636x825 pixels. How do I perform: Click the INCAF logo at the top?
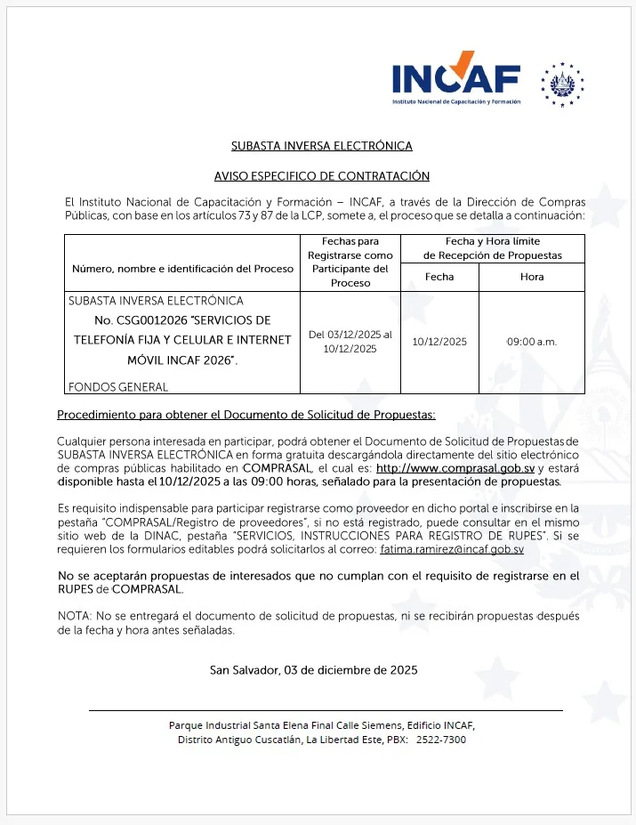[455, 81]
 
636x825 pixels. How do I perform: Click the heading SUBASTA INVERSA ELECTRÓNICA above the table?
[321, 146]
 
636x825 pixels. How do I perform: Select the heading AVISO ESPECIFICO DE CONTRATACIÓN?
[321, 176]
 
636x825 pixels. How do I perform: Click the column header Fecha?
[439, 277]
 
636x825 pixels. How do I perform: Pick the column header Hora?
[532, 277]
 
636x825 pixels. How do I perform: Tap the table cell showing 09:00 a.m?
[532, 342]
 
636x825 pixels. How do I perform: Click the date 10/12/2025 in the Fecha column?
[439, 342]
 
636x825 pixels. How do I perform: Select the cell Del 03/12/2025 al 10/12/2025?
[350, 342]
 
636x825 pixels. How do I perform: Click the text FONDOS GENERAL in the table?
[118, 387]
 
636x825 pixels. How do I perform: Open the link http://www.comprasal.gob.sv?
[455, 467]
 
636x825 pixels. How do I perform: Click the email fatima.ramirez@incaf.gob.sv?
[452, 550]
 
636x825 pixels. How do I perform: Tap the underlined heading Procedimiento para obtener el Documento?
[246, 416]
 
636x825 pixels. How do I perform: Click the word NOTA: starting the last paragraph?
[72, 616]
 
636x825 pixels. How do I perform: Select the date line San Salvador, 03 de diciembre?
[313, 669]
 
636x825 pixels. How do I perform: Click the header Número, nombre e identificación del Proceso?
[182, 269]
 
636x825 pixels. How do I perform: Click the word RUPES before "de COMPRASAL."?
[76, 589]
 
